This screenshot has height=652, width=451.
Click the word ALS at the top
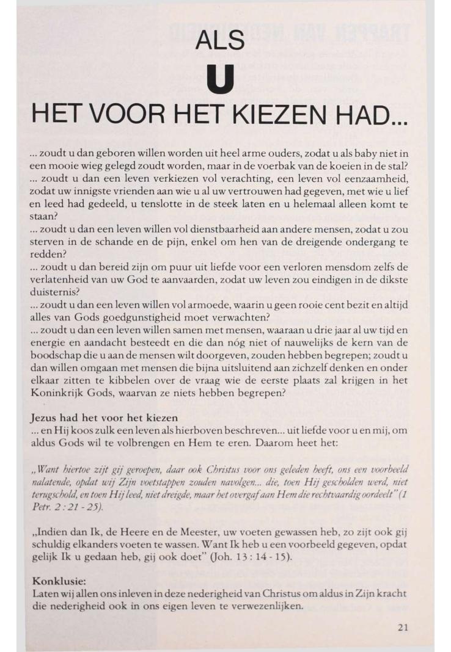220,40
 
